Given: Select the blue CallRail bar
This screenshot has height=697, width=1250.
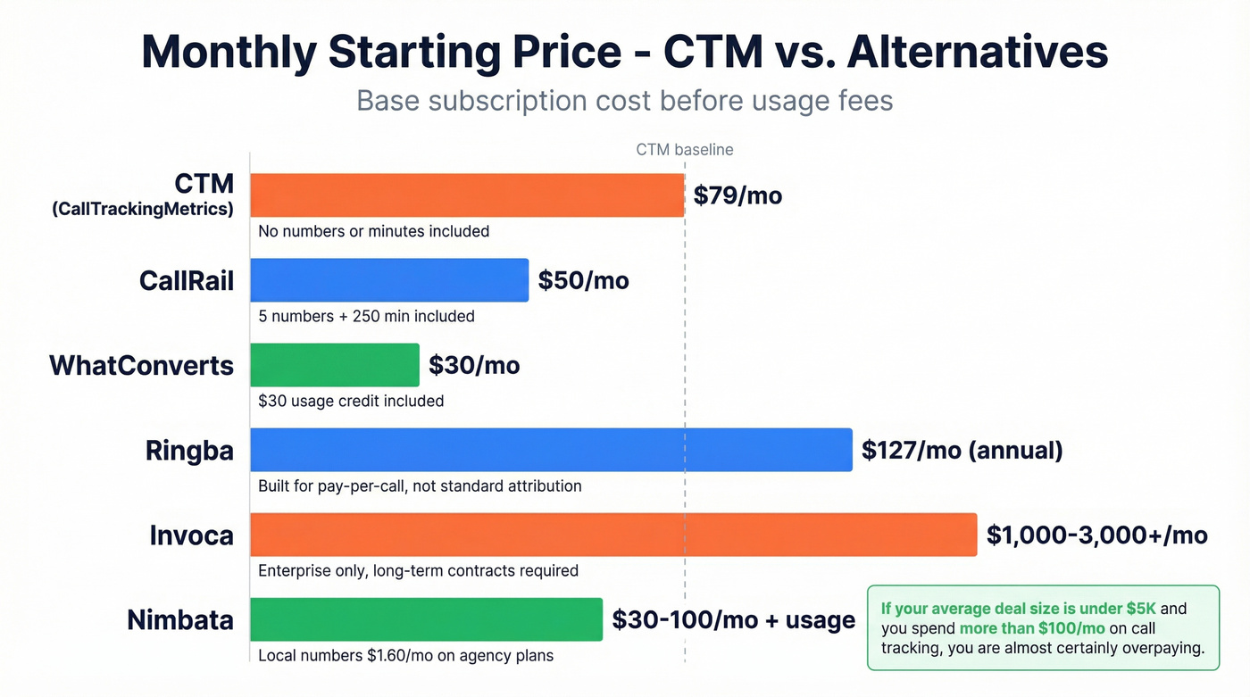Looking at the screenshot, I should pyautogui.click(x=388, y=280).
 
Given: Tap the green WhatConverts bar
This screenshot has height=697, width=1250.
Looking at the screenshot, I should pyautogui.click(x=334, y=365).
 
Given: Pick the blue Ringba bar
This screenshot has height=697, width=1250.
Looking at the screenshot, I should pyautogui.click(x=551, y=450).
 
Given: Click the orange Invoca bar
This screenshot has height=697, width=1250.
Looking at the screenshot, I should pyautogui.click(x=612, y=535).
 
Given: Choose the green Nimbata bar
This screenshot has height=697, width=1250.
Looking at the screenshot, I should pyautogui.click(x=426, y=619).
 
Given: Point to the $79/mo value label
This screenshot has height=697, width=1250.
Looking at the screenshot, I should pyautogui.click(x=737, y=195).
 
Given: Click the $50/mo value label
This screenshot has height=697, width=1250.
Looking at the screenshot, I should pyautogui.click(x=583, y=280).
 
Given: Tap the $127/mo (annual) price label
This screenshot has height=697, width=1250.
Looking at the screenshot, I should pyautogui.click(x=962, y=450).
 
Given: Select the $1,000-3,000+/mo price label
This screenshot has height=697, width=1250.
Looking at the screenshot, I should pyautogui.click(x=1096, y=535).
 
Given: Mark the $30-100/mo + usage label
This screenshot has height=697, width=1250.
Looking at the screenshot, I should pyautogui.click(x=733, y=619).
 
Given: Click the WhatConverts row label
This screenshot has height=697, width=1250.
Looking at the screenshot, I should pyautogui.click(x=141, y=365).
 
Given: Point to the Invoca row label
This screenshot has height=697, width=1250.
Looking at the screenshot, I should pyautogui.click(x=191, y=535).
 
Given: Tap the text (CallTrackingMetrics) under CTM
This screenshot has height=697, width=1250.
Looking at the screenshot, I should pyautogui.click(x=142, y=210).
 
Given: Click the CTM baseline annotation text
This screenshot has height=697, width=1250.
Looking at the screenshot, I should pyautogui.click(x=684, y=150).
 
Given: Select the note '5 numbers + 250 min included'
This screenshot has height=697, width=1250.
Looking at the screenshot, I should pyautogui.click(x=366, y=316).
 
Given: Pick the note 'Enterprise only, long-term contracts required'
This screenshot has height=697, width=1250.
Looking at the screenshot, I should pyautogui.click(x=418, y=570).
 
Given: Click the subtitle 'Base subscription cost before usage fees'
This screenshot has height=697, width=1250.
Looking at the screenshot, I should pyautogui.click(x=624, y=100).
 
